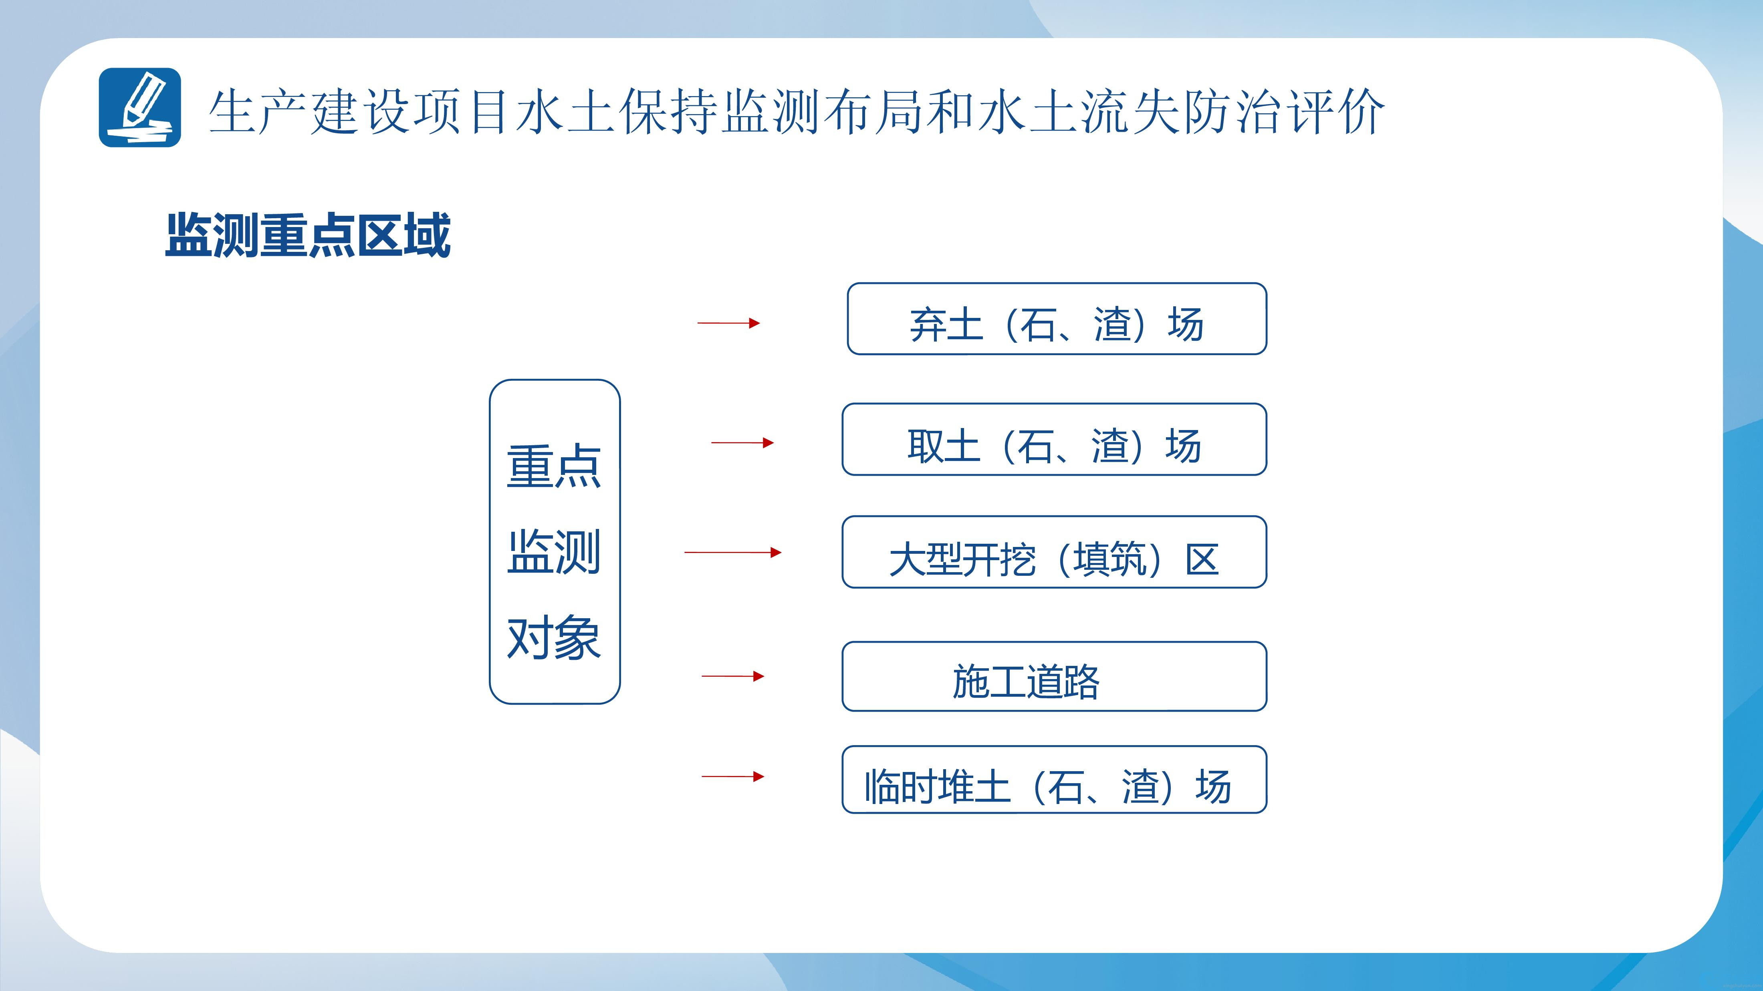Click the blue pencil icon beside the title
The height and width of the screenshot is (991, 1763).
(x=139, y=107)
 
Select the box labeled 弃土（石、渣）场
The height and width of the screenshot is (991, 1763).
(x=1057, y=319)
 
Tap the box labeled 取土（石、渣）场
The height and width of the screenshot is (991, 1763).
(x=1054, y=439)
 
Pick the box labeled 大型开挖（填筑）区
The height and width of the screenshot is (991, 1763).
(x=1054, y=552)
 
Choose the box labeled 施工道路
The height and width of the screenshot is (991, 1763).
(x=1054, y=676)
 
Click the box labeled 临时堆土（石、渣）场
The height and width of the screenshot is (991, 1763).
(x=1054, y=780)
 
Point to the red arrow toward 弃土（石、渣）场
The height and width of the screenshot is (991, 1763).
(x=728, y=323)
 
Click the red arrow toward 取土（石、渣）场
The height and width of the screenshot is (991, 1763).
(x=742, y=442)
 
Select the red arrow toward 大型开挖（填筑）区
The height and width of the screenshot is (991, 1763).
(x=733, y=552)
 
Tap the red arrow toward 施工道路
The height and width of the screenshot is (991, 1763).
(x=733, y=676)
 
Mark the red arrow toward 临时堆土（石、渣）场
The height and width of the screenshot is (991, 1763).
(x=733, y=776)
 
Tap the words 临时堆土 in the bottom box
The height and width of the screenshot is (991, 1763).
(x=938, y=786)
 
